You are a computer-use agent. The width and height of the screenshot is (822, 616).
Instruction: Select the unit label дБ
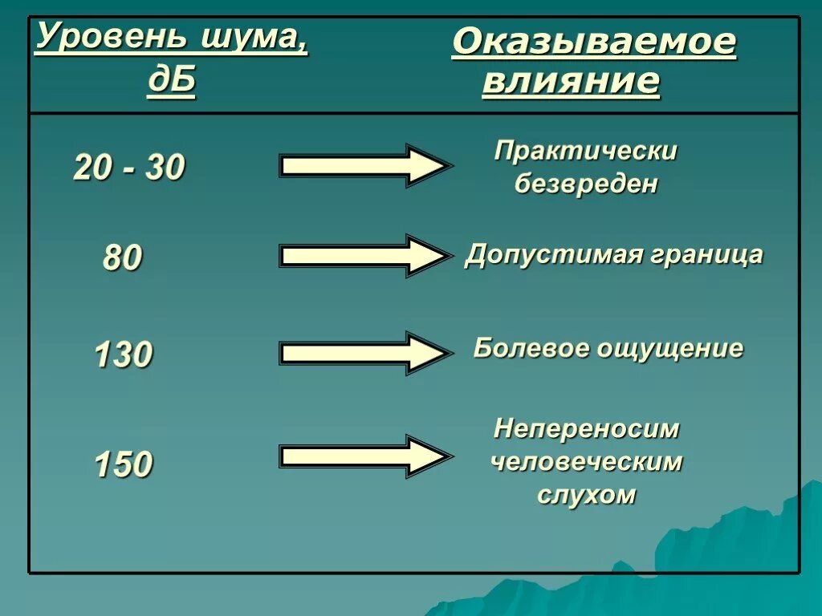click(171, 83)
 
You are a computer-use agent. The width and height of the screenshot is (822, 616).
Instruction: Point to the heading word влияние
click(571, 83)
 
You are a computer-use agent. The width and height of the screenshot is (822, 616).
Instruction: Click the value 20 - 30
click(129, 168)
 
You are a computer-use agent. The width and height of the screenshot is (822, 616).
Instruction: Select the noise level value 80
click(122, 258)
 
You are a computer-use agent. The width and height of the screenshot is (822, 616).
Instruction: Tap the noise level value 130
click(123, 355)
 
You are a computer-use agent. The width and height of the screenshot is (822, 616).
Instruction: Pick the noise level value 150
click(123, 464)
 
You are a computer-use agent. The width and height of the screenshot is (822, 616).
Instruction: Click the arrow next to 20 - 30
click(364, 166)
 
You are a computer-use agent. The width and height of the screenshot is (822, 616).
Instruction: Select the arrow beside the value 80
click(364, 256)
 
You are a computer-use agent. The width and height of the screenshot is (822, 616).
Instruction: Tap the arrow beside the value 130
click(364, 352)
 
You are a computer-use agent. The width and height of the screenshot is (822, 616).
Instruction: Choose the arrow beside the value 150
click(364, 456)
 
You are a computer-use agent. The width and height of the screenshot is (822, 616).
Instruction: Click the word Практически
click(586, 151)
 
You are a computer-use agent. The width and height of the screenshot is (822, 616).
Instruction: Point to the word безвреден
click(586, 184)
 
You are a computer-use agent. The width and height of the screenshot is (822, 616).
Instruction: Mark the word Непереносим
click(587, 429)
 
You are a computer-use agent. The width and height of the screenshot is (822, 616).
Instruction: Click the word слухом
click(587, 495)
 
